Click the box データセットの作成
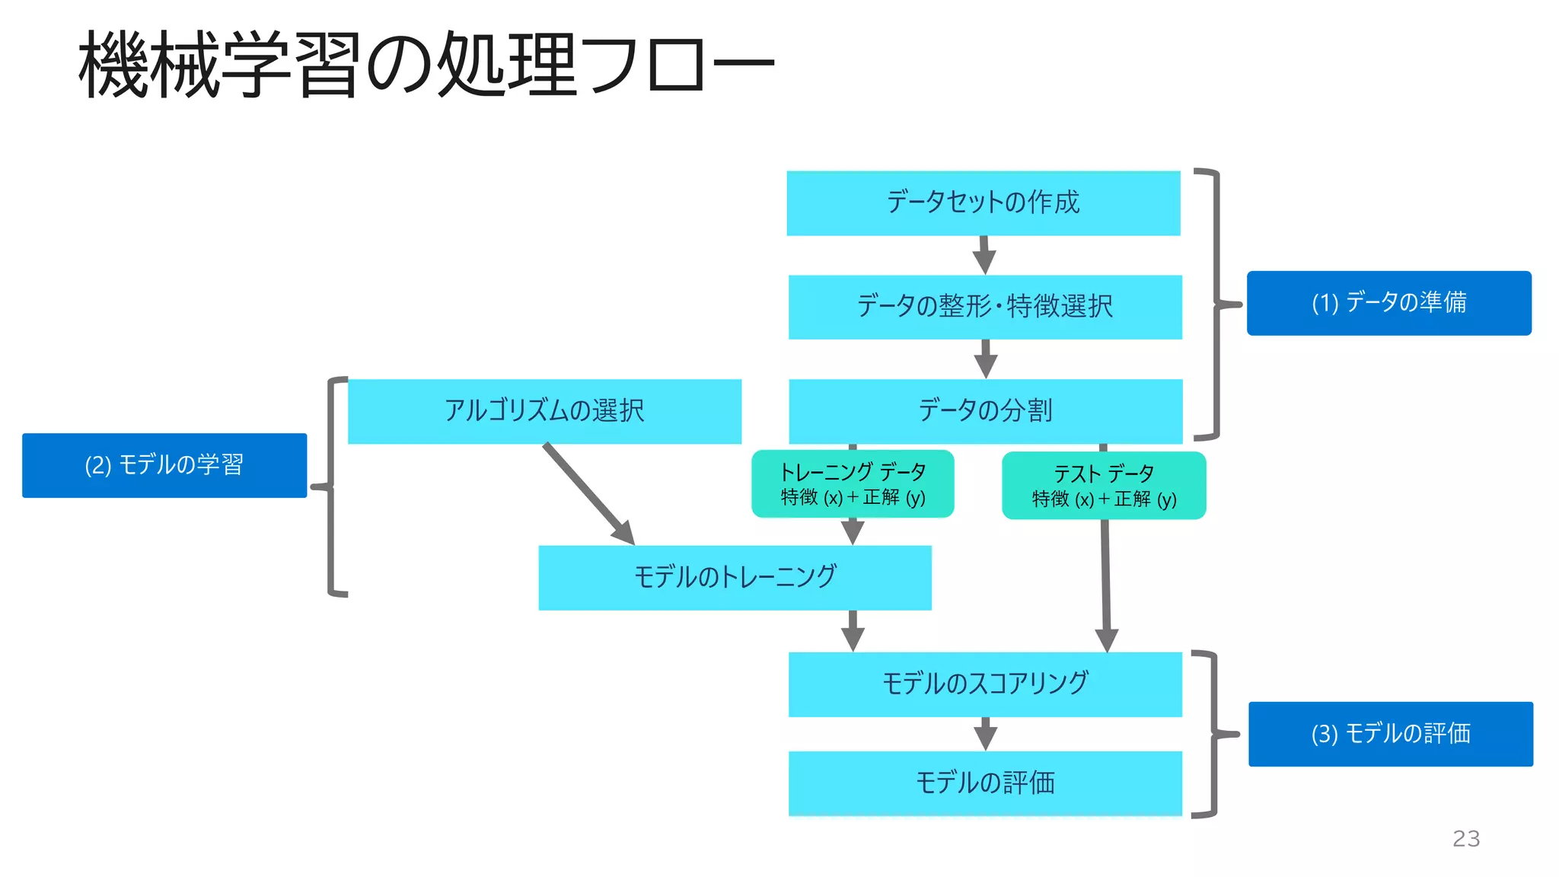point(983,203)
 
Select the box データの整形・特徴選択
point(985,307)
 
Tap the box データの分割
point(985,411)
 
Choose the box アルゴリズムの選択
point(544,411)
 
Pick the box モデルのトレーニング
point(735,577)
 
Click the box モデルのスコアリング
point(985,684)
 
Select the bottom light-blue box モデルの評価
point(985,783)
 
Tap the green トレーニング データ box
point(853,484)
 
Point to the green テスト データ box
point(1104,486)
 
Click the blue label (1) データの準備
point(1388,303)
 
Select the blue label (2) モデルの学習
point(164,465)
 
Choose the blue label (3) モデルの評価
point(1390,734)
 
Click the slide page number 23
point(1465,838)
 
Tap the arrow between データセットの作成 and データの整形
point(984,255)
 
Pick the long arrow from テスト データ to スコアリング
point(1105,579)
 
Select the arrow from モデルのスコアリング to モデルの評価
point(985,734)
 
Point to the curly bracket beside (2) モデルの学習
point(331,486)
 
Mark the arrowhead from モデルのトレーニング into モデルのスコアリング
point(853,638)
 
